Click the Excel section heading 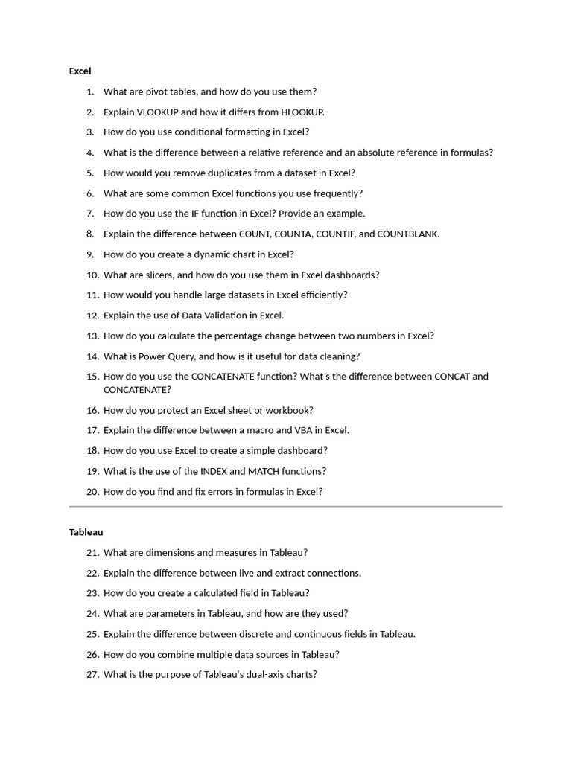click(80, 71)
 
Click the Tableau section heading click(86, 532)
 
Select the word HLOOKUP click(302, 112)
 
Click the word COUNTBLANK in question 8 click(408, 234)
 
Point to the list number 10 click(92, 275)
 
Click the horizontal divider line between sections click(285, 507)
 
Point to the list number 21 click(92, 553)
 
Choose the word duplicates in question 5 click(213, 173)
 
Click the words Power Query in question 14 click(165, 356)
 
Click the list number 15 click(92, 377)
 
